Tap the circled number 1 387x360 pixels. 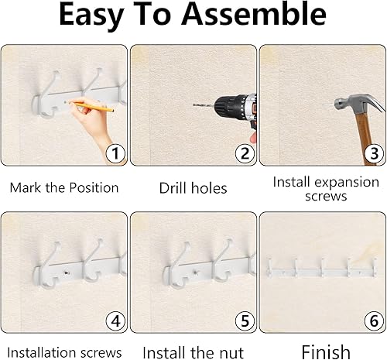point(115,153)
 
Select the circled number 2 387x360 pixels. point(244,153)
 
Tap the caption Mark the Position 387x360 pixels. point(66,187)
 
